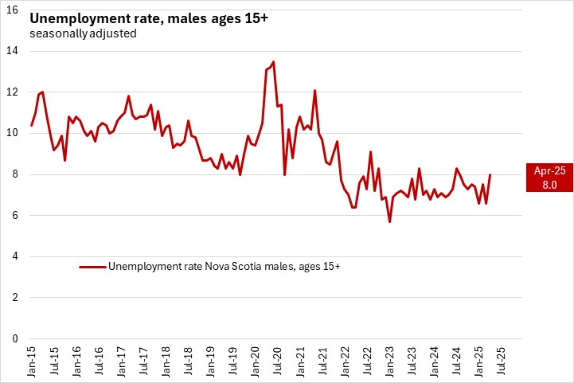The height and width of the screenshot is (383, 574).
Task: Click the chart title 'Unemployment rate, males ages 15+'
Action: pos(150,18)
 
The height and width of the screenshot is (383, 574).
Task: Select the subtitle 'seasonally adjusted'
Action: pos(82,34)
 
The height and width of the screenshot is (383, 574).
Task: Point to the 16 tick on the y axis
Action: pos(14,10)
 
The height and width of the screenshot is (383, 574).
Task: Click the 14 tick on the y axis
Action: pos(14,51)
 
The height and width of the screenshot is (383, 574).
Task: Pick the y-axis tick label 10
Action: pos(14,133)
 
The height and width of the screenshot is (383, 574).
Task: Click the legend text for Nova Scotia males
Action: pos(224,266)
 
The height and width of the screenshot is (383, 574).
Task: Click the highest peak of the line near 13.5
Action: pos(273,61)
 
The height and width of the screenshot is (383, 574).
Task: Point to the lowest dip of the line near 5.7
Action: pos(389,221)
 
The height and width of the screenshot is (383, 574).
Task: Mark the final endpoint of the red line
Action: pos(490,174)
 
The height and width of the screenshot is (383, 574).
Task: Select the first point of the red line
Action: pos(32,125)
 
